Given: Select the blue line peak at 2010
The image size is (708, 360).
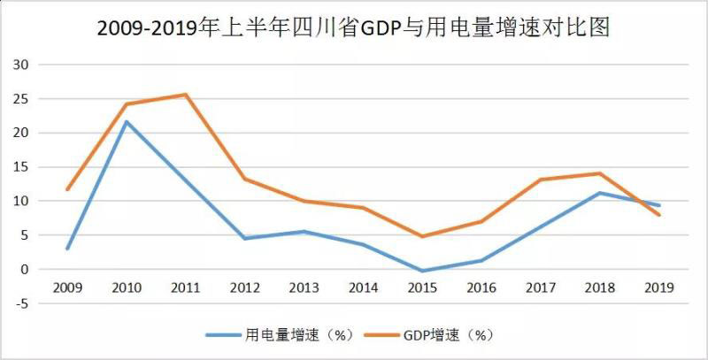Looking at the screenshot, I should (127, 121).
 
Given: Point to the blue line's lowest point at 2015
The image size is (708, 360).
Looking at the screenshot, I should (423, 271).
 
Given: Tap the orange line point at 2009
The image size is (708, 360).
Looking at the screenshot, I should (68, 189).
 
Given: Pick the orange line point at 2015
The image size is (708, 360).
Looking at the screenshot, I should (423, 236).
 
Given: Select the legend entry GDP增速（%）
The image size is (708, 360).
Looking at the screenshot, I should (447, 335).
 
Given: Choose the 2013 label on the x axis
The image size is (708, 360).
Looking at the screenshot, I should (304, 287).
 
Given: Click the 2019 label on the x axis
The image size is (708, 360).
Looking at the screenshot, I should (659, 287).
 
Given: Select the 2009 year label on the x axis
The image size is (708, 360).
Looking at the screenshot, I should (68, 287).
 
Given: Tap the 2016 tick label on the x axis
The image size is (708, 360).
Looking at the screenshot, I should (482, 287).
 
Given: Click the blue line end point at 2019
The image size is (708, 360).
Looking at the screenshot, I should (659, 205).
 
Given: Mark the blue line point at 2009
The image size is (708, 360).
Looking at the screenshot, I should (68, 249).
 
